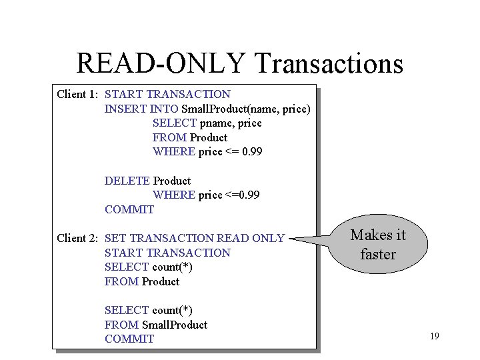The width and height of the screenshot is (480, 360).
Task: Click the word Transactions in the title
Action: (x=329, y=63)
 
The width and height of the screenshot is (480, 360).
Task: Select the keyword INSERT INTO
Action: (x=141, y=109)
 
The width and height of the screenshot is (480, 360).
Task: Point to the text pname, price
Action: (x=230, y=123)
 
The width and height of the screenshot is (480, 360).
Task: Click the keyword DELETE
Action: (x=127, y=181)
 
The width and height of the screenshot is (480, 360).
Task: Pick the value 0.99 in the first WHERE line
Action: (x=252, y=152)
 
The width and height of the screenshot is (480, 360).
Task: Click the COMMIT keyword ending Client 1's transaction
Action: (x=129, y=209)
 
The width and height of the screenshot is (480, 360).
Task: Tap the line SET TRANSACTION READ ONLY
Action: (x=195, y=238)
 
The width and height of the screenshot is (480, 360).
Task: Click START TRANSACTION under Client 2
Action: (x=167, y=253)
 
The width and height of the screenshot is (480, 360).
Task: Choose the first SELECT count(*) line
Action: (x=149, y=267)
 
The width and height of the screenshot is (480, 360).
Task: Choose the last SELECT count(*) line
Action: (x=149, y=310)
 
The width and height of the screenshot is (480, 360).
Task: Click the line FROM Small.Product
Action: (x=156, y=325)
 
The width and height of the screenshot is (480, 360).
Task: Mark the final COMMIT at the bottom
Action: (x=129, y=339)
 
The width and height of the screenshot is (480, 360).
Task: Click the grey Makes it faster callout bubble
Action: (x=378, y=244)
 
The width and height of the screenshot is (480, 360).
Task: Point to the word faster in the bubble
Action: (x=378, y=254)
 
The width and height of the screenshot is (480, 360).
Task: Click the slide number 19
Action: (x=434, y=336)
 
